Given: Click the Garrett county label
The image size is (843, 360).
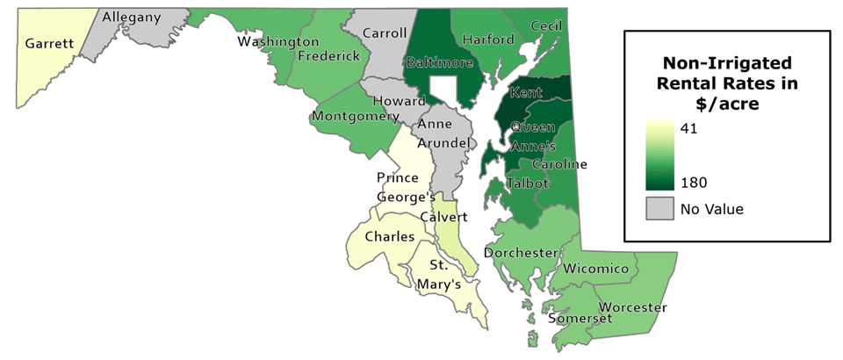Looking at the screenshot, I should (x=48, y=43).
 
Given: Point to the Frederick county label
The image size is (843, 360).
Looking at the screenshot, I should (x=329, y=56).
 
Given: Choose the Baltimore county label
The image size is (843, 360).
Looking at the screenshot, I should (x=439, y=63).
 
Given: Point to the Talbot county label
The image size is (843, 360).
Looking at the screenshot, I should (x=527, y=184).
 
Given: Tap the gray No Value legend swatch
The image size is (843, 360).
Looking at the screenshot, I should (x=660, y=209).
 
